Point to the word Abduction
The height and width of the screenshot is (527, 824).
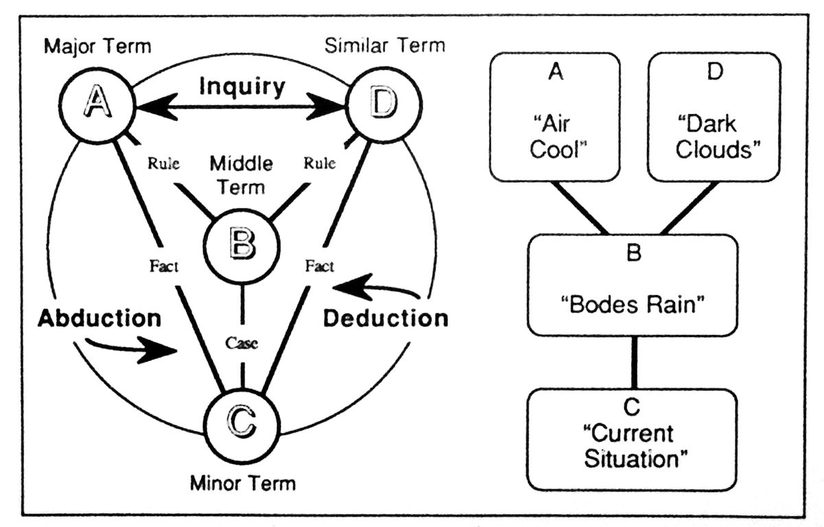(x=100, y=318)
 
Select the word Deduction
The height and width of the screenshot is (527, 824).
(x=385, y=318)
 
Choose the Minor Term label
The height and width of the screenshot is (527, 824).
(x=242, y=484)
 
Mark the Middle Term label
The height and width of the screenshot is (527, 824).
(x=240, y=174)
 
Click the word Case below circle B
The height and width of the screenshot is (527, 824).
(x=241, y=344)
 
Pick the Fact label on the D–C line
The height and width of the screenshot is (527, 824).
(x=319, y=266)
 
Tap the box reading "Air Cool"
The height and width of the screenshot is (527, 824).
(x=556, y=117)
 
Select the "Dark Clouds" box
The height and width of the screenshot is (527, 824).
(x=715, y=117)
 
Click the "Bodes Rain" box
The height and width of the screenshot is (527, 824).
(x=632, y=284)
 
